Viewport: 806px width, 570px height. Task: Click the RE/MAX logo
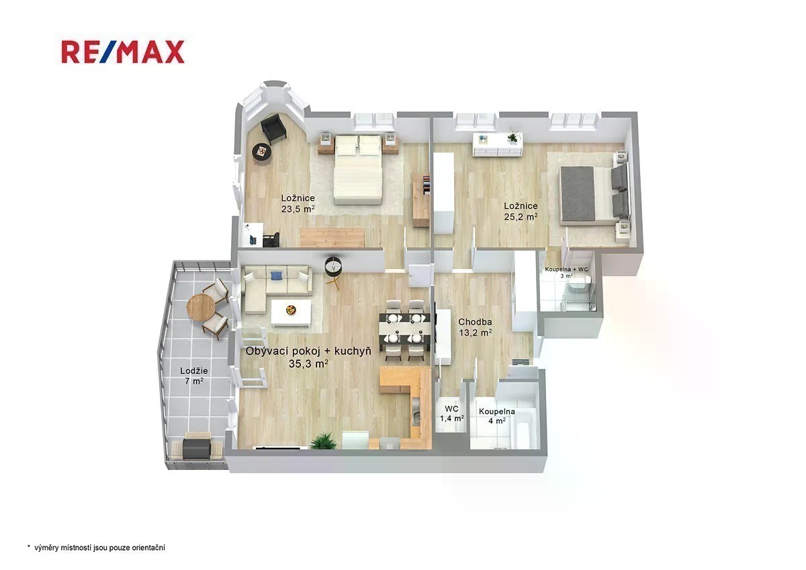click(123, 52)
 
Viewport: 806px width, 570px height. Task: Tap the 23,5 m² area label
click(298, 209)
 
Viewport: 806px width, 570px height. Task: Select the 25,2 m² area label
click(521, 216)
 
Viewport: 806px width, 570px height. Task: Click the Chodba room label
click(475, 322)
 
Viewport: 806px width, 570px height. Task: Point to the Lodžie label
click(194, 370)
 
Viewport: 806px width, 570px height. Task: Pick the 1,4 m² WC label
click(451, 418)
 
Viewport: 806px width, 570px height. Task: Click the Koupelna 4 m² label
click(496, 416)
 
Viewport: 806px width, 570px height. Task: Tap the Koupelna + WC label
click(566, 270)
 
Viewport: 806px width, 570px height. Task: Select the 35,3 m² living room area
click(308, 364)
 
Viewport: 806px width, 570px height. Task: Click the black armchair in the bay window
click(273, 128)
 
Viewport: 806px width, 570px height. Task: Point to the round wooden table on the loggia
click(201, 307)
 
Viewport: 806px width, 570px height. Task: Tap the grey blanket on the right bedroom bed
click(578, 194)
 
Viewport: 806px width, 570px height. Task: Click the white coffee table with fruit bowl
click(291, 313)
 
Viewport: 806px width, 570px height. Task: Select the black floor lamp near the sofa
click(334, 270)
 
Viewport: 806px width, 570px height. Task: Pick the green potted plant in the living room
click(323, 442)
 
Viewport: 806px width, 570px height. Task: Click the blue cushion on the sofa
click(276, 276)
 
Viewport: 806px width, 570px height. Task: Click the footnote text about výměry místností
click(97, 548)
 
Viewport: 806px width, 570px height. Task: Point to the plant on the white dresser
click(512, 135)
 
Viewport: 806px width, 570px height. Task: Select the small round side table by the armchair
click(261, 153)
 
